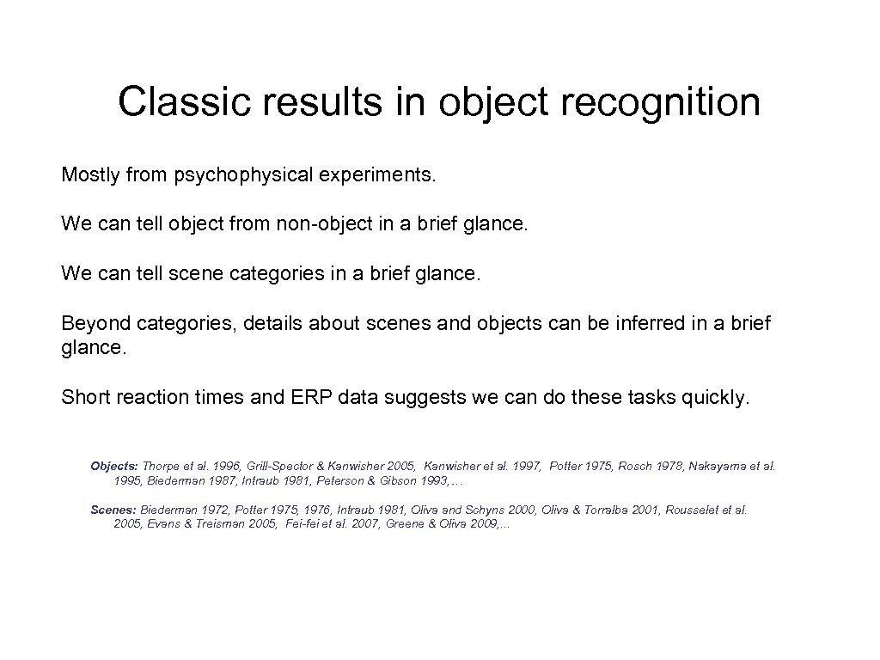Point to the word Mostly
point(90,176)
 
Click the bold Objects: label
point(114,466)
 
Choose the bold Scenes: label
point(113,510)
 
